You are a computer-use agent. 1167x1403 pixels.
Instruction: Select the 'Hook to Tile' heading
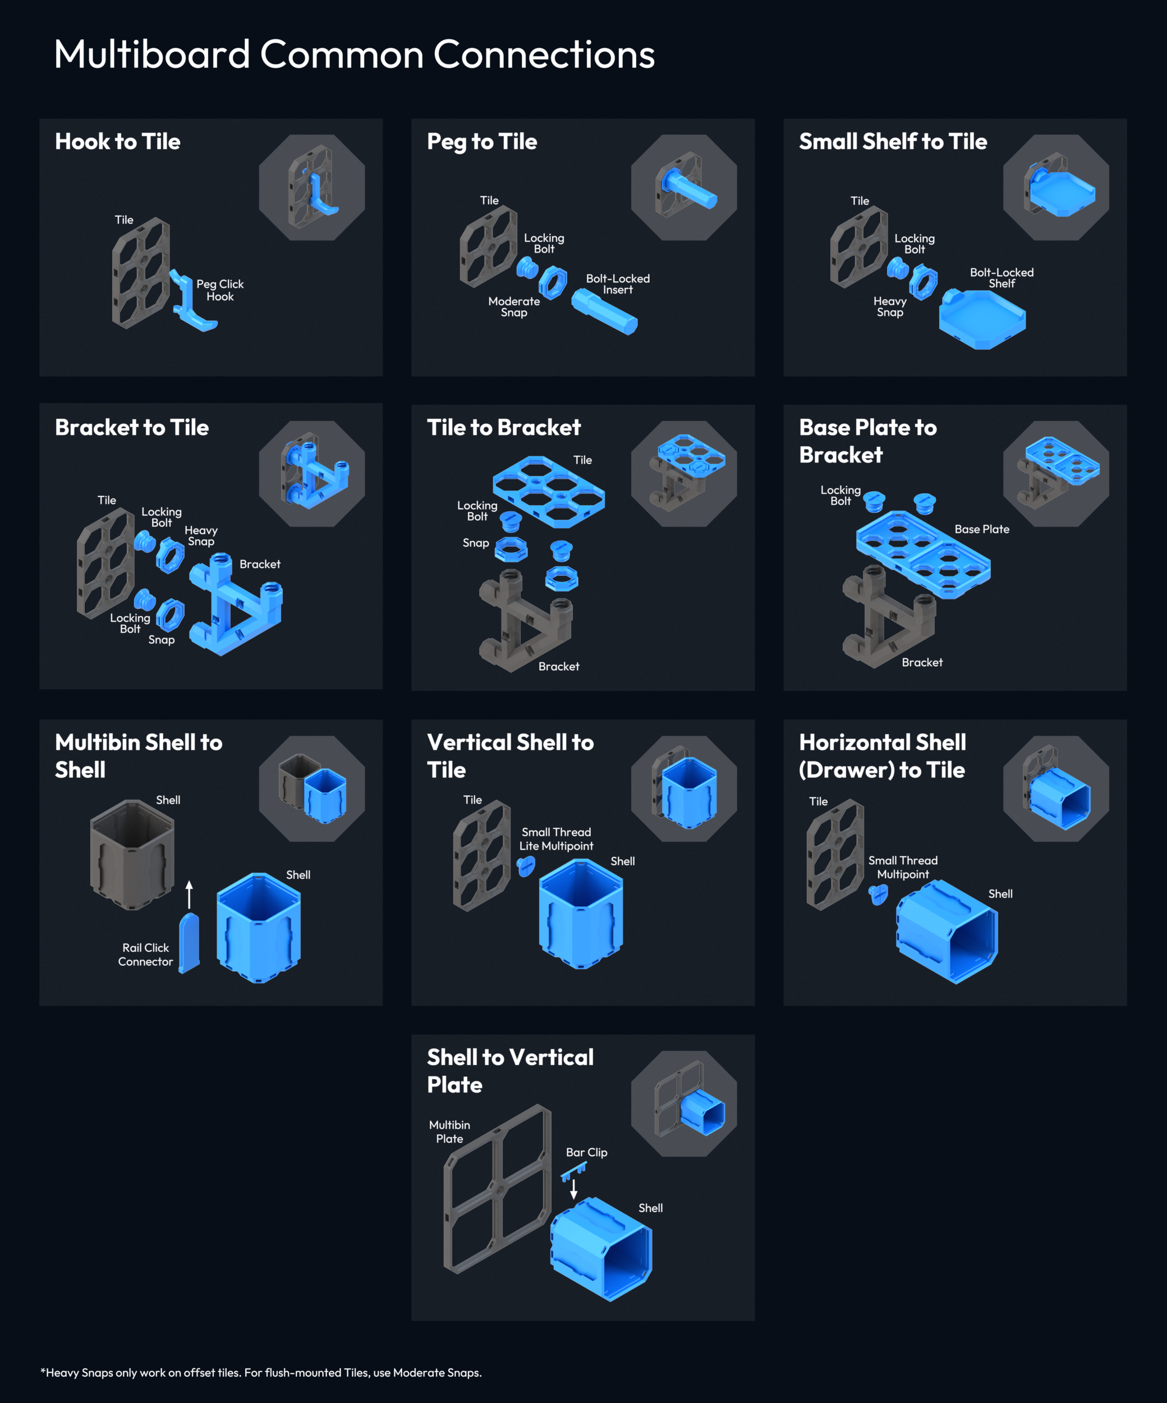click(x=118, y=141)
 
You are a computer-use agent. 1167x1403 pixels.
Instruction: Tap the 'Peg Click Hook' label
click(x=220, y=290)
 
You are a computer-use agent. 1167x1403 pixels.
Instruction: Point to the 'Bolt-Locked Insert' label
click(x=617, y=284)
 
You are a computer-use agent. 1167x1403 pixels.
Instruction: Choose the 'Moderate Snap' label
click(x=514, y=306)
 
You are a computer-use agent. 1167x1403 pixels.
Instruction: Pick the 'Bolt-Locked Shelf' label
click(x=1001, y=278)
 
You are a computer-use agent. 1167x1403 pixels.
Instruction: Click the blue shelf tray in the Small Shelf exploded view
click(x=982, y=319)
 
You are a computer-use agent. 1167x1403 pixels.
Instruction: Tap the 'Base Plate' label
click(x=981, y=529)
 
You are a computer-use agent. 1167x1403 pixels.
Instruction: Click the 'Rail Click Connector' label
click(x=146, y=954)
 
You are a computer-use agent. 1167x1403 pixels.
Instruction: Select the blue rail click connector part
click(x=189, y=943)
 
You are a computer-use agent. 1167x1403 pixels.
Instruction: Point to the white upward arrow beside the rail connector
click(x=189, y=894)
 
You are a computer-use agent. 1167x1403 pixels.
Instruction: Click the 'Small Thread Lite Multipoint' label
click(x=556, y=838)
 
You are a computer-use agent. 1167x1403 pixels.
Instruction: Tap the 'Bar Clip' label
click(x=586, y=1153)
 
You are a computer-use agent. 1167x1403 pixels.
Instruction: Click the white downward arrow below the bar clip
click(x=573, y=1189)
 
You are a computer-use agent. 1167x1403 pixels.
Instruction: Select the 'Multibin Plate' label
click(x=449, y=1132)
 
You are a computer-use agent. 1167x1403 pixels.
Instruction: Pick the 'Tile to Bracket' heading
click(x=504, y=428)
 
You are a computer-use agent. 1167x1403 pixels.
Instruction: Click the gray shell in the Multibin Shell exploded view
click(x=132, y=855)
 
